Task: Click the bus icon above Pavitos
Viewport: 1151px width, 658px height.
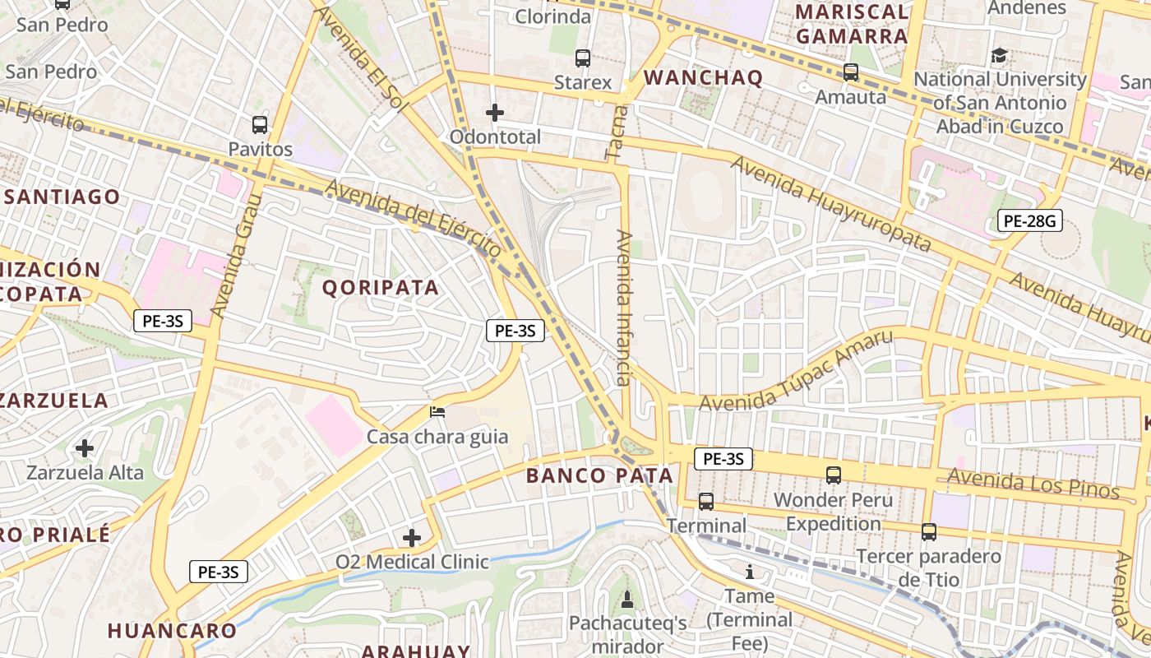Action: click(260, 125)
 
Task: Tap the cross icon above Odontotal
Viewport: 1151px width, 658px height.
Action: click(495, 112)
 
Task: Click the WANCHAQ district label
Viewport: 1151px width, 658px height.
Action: click(703, 78)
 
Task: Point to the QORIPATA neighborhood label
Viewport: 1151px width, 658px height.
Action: click(380, 287)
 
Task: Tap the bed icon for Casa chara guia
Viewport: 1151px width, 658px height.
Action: click(437, 411)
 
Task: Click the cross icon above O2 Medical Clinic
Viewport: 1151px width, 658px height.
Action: click(412, 538)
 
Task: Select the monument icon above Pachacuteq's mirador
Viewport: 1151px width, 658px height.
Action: click(627, 599)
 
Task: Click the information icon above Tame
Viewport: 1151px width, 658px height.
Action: click(749, 572)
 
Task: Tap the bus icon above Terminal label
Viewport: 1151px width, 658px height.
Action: click(706, 501)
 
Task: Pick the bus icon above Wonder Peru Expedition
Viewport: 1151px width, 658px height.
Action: click(834, 475)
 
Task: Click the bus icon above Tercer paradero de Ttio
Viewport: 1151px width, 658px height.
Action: click(929, 531)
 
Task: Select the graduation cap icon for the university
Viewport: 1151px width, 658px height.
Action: click(1000, 55)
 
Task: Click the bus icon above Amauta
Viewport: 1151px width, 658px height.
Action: click(851, 72)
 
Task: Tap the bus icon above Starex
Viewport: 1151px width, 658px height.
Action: click(583, 58)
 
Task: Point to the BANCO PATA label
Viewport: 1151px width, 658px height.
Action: click(599, 475)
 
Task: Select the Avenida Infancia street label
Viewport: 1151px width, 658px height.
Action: click(623, 308)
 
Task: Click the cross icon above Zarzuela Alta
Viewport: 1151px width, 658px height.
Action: click(85, 448)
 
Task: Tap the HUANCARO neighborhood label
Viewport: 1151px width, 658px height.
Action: click(172, 631)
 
